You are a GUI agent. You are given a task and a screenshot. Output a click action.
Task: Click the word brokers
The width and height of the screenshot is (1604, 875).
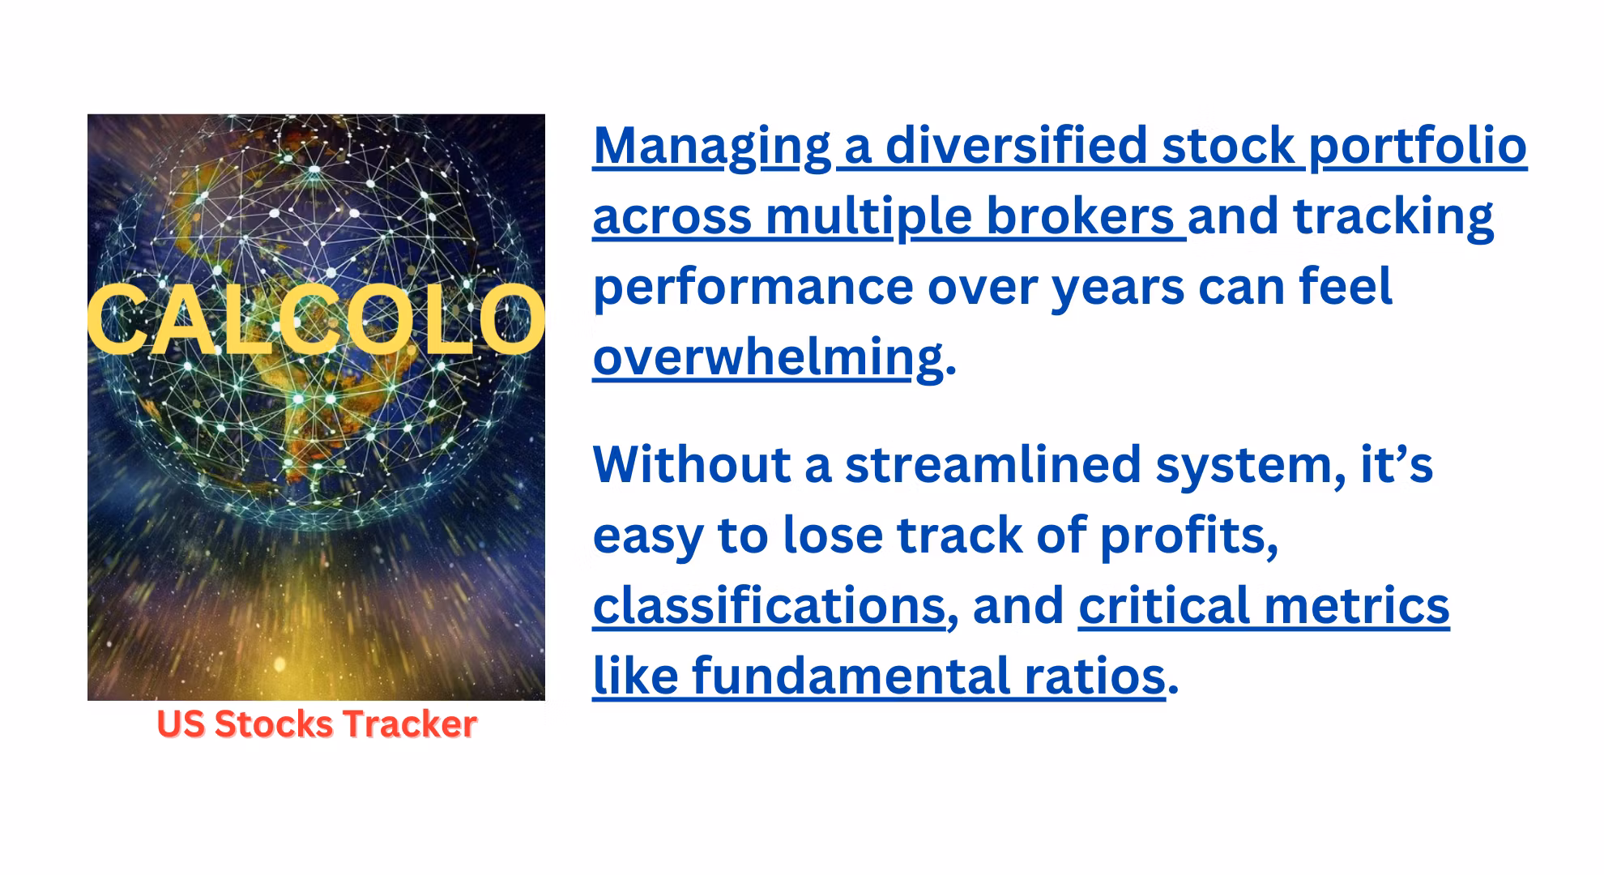(1080, 216)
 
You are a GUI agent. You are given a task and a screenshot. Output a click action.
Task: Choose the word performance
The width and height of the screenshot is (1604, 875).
(753, 288)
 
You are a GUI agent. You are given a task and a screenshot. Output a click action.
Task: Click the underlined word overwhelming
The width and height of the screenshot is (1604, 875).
(768, 358)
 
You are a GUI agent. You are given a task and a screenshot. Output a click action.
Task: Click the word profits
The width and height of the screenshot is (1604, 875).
(1188, 537)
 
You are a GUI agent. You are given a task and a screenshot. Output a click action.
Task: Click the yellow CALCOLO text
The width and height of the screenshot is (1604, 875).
(316, 321)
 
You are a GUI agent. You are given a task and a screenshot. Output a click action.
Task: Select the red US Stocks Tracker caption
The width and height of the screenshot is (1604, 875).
(317, 724)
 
